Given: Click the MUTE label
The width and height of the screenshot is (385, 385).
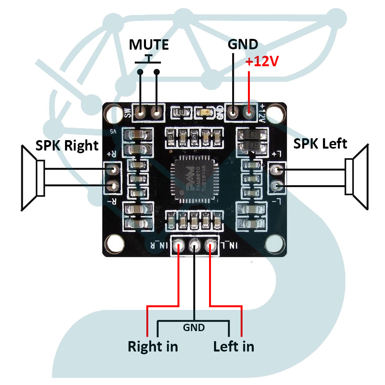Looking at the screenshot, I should pos(149,45).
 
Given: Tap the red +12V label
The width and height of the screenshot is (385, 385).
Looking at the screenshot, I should pos(262,62).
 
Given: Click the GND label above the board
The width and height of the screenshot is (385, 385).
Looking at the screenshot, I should pos(243,44).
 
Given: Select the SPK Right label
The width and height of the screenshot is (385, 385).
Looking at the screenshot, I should pos(67,145).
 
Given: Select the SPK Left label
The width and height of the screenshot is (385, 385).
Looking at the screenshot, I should pos(320,144).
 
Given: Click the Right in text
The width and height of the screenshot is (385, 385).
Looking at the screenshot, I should pos(153,346).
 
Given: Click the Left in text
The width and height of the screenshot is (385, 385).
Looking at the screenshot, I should pos(234,346).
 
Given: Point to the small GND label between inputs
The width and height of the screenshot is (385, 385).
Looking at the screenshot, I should pos(194,328).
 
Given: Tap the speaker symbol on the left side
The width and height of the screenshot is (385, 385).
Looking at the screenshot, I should pos(33,178).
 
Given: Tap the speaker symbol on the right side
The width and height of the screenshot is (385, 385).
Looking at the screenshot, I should pos(357,177).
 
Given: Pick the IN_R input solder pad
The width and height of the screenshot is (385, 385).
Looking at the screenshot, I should pos(178,245).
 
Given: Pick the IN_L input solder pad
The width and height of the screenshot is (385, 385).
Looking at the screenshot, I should pos(210,245).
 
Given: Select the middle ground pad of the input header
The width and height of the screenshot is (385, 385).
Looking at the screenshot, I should pos(194,245).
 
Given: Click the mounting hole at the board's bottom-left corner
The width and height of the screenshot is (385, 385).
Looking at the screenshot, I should pos(113,243).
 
